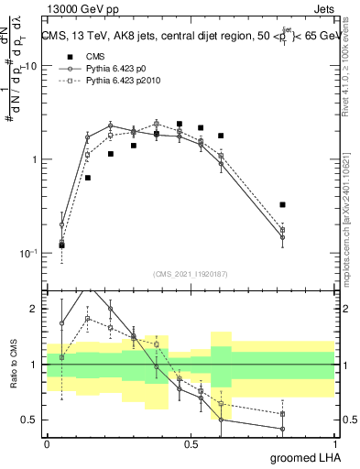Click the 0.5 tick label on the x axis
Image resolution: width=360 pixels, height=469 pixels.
[x=191, y=443]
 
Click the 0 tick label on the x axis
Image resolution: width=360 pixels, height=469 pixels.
[x=47, y=443]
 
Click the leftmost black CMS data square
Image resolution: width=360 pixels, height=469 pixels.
[x=61, y=245]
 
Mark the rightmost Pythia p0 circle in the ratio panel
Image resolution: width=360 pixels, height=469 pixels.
[x=283, y=429]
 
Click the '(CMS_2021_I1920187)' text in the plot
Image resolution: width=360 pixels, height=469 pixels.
[x=191, y=273]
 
